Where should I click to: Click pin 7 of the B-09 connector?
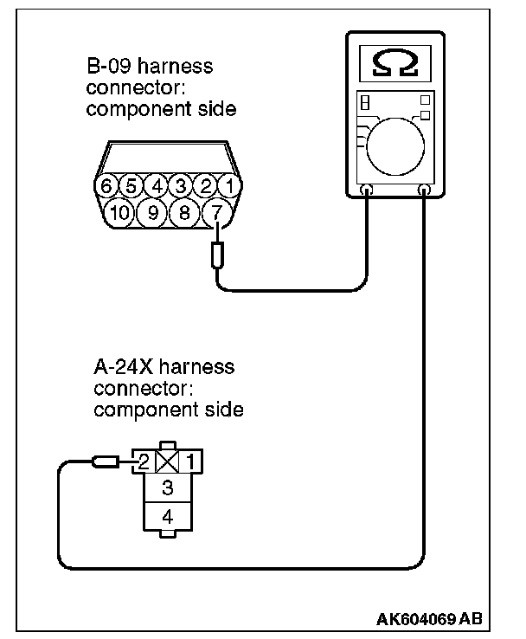click(217, 211)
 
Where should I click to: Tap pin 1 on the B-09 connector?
click(228, 185)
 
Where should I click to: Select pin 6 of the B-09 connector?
click(106, 185)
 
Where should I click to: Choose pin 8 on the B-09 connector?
click(183, 211)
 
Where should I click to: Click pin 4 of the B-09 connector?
click(156, 185)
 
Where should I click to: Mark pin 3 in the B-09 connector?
click(180, 185)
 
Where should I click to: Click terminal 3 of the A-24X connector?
click(167, 488)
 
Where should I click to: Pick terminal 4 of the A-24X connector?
click(167, 517)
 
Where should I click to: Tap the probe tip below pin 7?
click(217, 255)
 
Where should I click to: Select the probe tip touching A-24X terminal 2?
click(106, 462)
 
